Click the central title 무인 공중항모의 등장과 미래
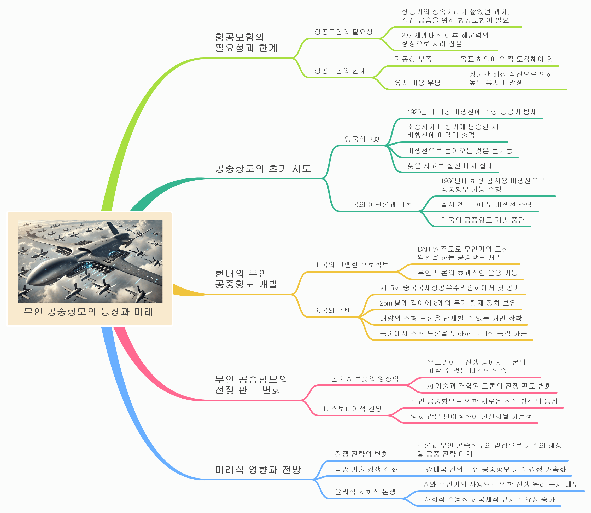coord(88,312)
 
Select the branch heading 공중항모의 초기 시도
coord(263,169)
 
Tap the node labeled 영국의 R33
coord(362,139)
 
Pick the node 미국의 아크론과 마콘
coord(378,205)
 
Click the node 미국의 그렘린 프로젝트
coord(351,265)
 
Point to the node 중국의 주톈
coord(332,310)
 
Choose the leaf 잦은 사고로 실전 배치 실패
coord(450,166)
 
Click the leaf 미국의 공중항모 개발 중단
coord(483,220)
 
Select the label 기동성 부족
coord(413,59)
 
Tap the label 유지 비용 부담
coord(418,83)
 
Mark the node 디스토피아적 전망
coord(353,408)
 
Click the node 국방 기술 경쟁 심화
coord(366,469)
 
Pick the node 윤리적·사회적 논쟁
coord(365,492)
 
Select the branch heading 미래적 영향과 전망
coord(258,469)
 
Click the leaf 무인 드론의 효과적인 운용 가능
coord(468,273)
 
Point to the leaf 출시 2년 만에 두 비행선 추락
coord(486,205)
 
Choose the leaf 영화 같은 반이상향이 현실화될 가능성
coord(471,417)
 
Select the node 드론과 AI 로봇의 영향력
coord(361,379)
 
